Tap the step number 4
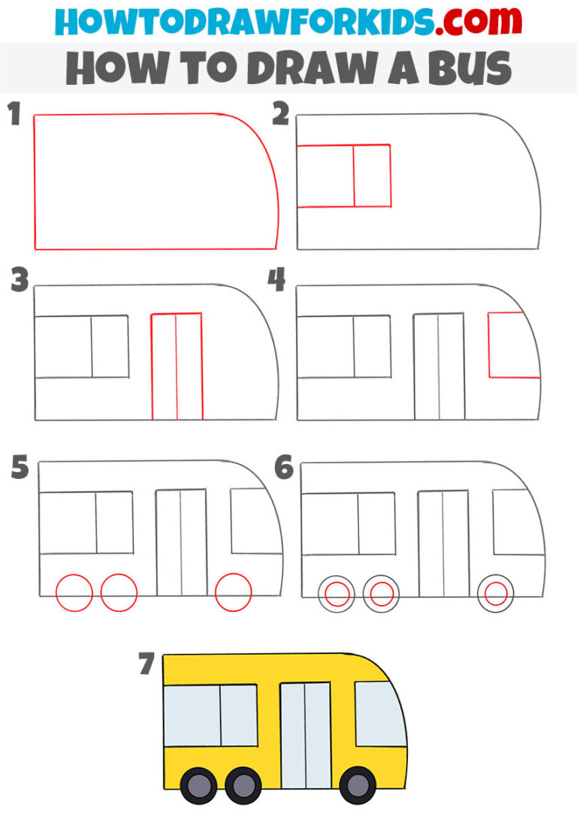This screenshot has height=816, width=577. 276,281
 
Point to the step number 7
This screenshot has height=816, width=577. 147,665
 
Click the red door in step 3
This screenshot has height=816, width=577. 177,366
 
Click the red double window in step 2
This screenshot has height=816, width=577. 344,176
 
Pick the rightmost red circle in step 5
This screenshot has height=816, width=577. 233,593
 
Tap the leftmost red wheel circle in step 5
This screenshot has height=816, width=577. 74,593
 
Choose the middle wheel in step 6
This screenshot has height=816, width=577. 382,595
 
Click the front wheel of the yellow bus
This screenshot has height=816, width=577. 357,784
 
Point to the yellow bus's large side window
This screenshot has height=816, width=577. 210,715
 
